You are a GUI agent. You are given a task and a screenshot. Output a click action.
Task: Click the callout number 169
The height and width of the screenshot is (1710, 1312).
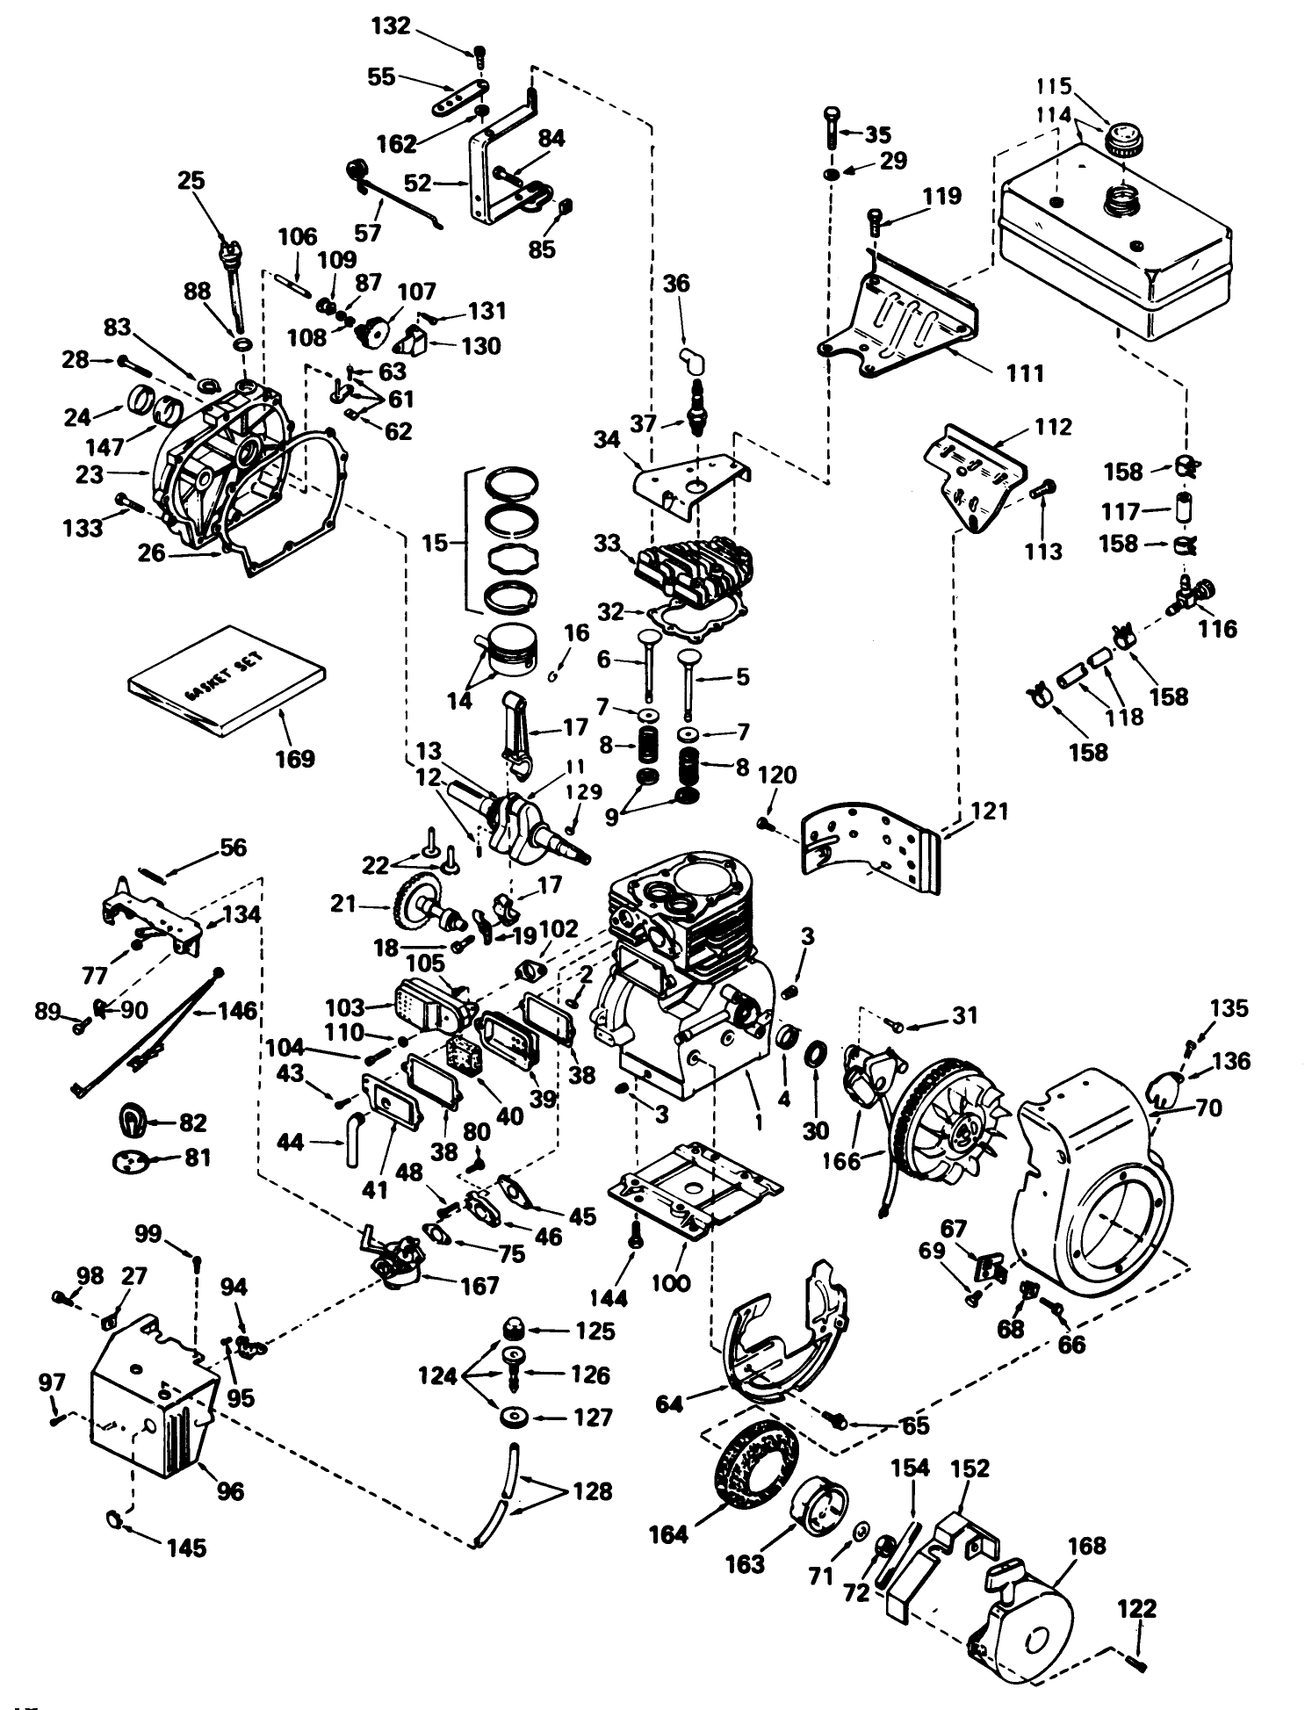click(294, 757)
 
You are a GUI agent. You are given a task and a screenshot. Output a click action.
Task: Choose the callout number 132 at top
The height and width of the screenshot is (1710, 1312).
click(391, 26)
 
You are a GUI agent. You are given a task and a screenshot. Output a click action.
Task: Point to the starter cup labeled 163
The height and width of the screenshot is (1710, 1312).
click(821, 1506)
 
